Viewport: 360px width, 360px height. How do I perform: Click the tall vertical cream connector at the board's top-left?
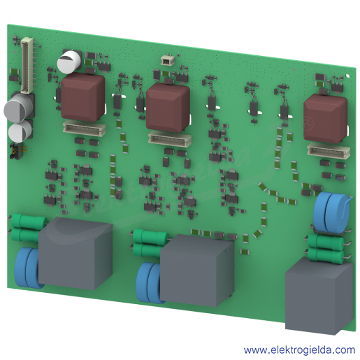(x=27, y=65)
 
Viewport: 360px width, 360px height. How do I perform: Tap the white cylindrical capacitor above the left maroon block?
(x=69, y=62)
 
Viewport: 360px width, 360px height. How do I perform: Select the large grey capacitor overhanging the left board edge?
(x=18, y=108)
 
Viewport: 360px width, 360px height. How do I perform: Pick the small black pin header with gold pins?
(x=16, y=151)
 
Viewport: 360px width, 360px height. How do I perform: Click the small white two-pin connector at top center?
(x=166, y=61)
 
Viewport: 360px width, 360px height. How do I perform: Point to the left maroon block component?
(x=82, y=96)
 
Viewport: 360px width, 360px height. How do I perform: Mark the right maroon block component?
(x=326, y=119)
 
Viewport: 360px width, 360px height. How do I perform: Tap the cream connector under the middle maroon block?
(x=170, y=139)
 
